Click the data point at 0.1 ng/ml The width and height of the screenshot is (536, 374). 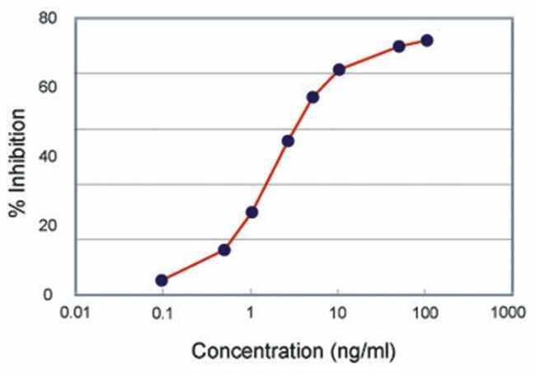[x=162, y=281]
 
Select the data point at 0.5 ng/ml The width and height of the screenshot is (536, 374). [x=224, y=249]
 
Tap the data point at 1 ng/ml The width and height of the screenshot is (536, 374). [x=252, y=212]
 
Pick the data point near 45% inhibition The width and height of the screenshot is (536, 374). [x=288, y=140]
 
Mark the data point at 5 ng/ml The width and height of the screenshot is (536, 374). [x=313, y=97]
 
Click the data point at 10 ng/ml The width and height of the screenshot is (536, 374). [x=338, y=69]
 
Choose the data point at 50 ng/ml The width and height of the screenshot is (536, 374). [x=399, y=46]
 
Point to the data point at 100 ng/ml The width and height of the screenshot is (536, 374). [x=426, y=40]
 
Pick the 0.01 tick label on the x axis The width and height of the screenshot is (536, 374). [x=77, y=314]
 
